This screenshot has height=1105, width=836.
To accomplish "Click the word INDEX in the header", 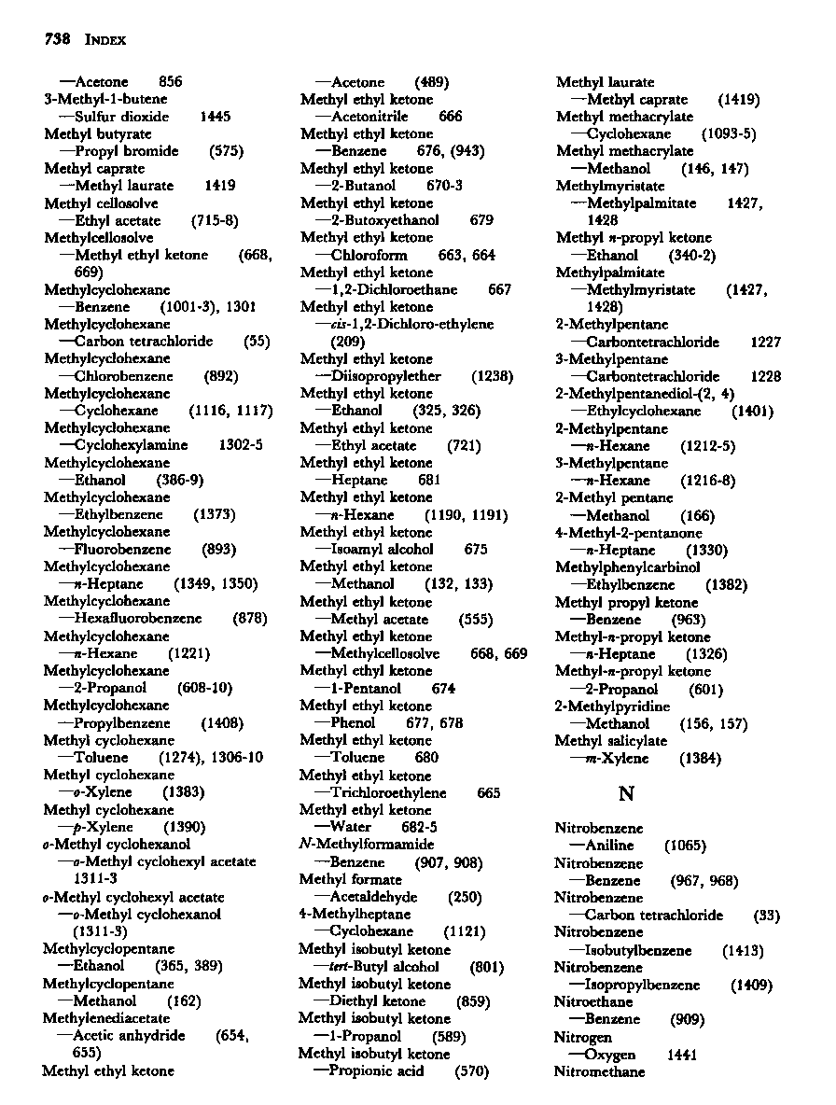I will [x=105, y=40].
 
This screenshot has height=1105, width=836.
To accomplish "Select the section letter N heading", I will [x=627, y=793].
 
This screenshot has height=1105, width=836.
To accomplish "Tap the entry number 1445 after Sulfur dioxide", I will [x=215, y=117].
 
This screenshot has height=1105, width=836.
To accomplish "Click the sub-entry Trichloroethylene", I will [x=388, y=793].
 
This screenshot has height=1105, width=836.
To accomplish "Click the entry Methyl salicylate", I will [x=611, y=741].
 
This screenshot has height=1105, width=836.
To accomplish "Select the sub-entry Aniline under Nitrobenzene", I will [x=610, y=846].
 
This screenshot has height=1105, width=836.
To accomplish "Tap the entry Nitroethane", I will [x=589, y=1002].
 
